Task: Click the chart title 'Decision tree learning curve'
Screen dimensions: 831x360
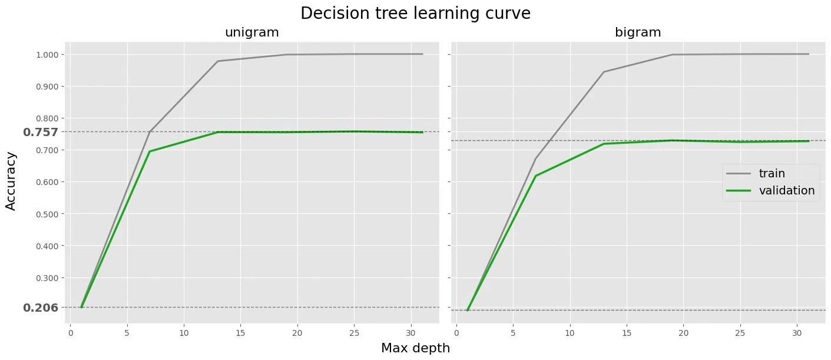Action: (x=416, y=14)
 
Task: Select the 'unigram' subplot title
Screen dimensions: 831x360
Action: (x=252, y=32)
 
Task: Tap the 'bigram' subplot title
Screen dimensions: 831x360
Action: (x=638, y=32)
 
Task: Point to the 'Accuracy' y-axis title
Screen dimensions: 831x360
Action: (x=11, y=181)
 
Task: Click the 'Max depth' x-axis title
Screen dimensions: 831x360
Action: (x=416, y=348)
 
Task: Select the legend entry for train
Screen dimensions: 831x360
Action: (x=772, y=173)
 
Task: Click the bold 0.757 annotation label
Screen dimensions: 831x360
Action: (x=41, y=132)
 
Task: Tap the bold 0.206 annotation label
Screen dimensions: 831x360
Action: (x=41, y=308)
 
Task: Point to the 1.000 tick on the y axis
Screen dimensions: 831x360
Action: (x=47, y=55)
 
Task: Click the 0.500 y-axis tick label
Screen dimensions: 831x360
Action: (x=47, y=214)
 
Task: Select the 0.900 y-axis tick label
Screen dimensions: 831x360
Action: (x=47, y=87)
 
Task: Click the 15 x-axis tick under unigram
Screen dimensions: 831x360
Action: (x=240, y=333)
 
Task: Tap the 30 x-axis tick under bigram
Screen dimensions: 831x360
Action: (x=797, y=333)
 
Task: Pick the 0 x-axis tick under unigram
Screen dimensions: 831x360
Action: (x=71, y=333)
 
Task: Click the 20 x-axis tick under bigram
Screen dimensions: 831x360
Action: (x=683, y=333)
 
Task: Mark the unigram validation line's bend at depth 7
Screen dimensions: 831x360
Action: (x=150, y=151)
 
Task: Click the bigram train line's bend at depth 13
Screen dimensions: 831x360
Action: (x=604, y=72)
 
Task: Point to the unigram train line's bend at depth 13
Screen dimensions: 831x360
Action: (x=218, y=61)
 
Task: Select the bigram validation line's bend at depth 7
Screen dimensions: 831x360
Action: (x=536, y=176)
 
